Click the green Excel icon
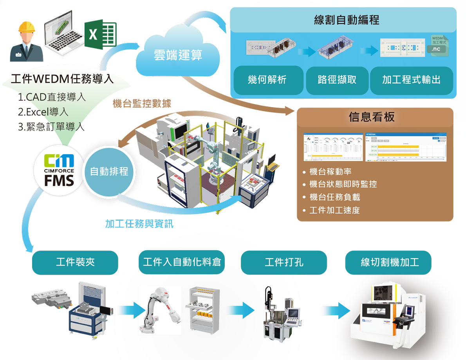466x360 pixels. pyautogui.click(x=101, y=34)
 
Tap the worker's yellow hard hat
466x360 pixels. pyautogui.click(x=27, y=26)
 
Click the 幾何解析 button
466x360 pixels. pyautogui.click(x=267, y=80)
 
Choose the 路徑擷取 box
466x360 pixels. pyautogui.click(x=337, y=80)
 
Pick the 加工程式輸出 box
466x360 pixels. pyautogui.click(x=411, y=80)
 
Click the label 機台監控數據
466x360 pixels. pyautogui.click(x=142, y=103)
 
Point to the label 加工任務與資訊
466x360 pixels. pyautogui.click(x=139, y=224)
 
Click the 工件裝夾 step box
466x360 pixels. pyautogui.click(x=75, y=262)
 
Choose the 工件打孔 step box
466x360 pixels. pyautogui.click(x=284, y=262)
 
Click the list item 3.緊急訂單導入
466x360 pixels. pyautogui.click(x=51, y=127)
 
